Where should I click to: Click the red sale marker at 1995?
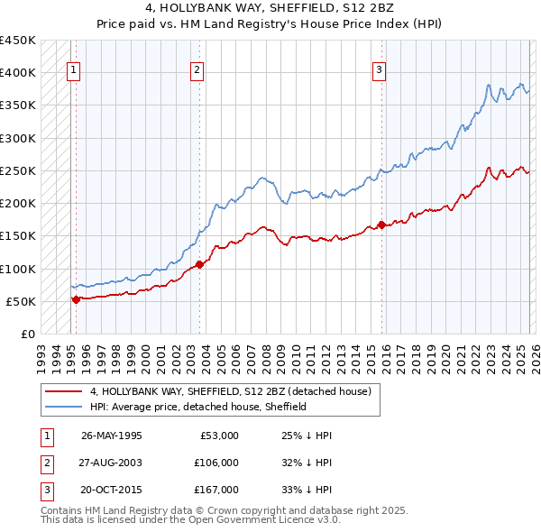(77, 299)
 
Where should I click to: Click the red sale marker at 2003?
(200, 264)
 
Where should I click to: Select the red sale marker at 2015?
(381, 225)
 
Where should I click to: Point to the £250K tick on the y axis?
(18, 170)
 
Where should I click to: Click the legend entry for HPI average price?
(198, 407)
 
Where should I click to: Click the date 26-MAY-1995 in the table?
(111, 436)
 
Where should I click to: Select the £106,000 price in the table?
(215, 463)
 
